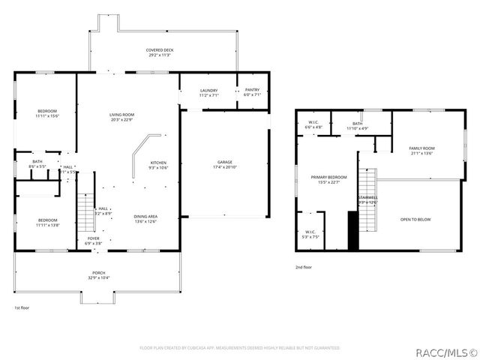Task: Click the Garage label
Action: point(224,163)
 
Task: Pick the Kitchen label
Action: point(158,165)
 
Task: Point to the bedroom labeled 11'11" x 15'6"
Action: point(46,114)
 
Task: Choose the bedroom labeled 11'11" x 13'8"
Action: point(46,223)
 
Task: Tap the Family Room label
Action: point(421,151)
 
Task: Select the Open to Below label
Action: point(415,219)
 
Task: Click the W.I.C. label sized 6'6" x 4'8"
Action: point(314,125)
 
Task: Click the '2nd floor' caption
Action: point(304,267)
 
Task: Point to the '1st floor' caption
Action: point(21,307)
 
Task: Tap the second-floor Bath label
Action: point(357,126)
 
